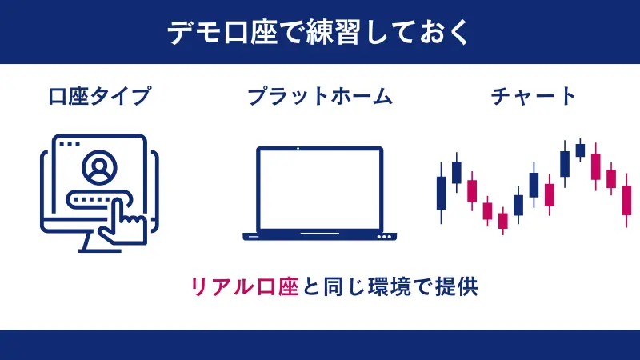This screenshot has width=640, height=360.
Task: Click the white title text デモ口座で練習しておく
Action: [x=320, y=33]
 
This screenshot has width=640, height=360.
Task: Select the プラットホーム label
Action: [x=319, y=98]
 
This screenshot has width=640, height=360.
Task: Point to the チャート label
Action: [x=534, y=98]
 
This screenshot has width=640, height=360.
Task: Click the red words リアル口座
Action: [x=243, y=286]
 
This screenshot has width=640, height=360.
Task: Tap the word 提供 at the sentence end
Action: [x=457, y=286]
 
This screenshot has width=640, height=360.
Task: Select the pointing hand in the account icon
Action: [x=126, y=220]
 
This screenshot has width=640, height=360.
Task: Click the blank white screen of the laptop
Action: [x=319, y=189]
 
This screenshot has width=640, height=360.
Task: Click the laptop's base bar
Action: [x=319, y=236]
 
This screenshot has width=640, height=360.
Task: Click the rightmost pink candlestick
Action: [x=626, y=200]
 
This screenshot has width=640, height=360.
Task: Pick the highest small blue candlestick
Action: [x=580, y=150]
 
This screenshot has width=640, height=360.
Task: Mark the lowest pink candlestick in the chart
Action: [x=502, y=220]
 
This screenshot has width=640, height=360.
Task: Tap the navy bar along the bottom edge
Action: [x=320, y=345]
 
